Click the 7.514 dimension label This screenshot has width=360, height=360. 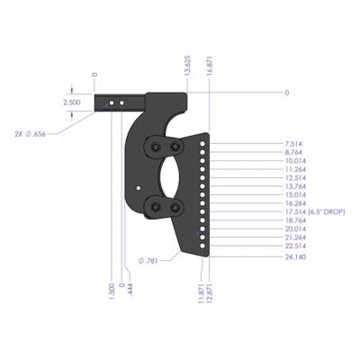(x=292, y=144)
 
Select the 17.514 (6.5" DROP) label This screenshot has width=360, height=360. (x=310, y=211)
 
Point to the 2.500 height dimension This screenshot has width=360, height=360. (x=71, y=103)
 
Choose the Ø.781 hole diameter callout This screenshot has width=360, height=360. (x=150, y=261)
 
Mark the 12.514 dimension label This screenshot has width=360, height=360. (x=292, y=178)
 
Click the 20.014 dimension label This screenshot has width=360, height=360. (x=292, y=229)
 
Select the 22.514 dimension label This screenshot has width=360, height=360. (x=292, y=246)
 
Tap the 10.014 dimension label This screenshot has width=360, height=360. (x=292, y=161)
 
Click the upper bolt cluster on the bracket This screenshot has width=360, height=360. (x=166, y=147)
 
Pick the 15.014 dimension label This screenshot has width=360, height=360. (x=292, y=194)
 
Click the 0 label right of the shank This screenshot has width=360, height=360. (x=287, y=93)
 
